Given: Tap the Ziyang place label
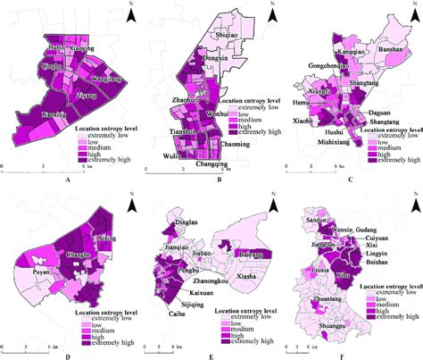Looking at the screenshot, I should point(87,94).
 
